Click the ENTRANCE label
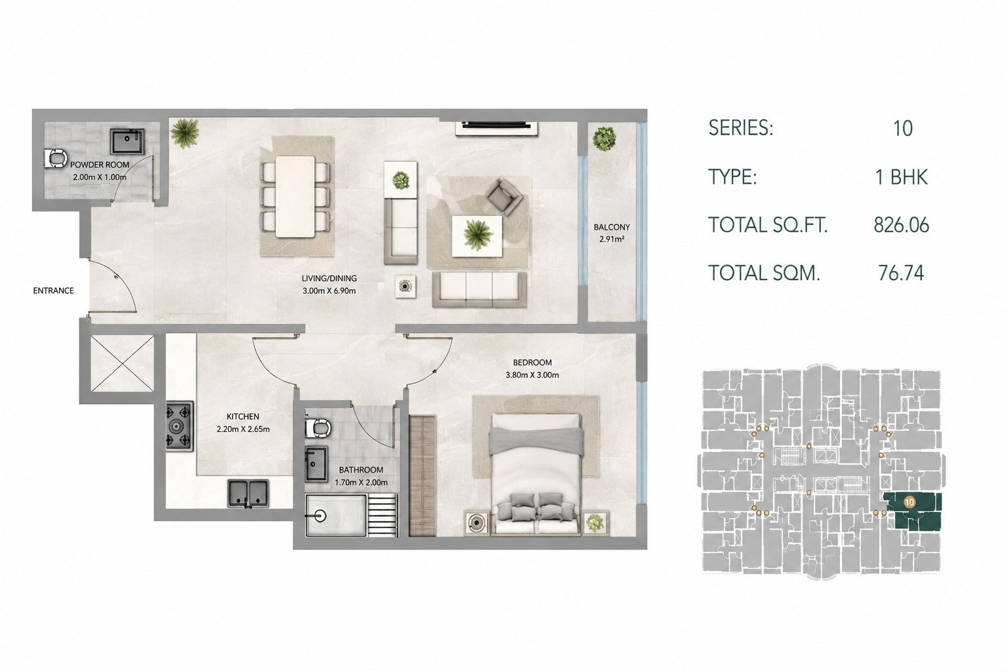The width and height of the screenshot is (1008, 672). point(53,291)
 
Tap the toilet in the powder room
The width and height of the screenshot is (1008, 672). point(55,159)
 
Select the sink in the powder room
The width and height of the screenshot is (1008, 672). point(127,141)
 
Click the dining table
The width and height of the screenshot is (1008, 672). point(295,196)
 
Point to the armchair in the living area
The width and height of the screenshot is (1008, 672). point(503,196)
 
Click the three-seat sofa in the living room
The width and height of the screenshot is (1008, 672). point(479,290)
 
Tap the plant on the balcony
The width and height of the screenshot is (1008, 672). point(604,138)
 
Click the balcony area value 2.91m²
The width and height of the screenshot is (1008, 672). point(612,240)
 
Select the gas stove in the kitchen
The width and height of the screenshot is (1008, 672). point(180,427)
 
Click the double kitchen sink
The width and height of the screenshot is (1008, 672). point(249,493)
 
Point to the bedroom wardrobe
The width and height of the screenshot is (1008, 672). point(423,476)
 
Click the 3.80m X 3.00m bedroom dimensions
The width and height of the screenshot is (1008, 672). point(532,375)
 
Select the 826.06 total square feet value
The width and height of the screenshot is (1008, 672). point(901,225)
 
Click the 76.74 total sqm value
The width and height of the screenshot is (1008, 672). point(901,273)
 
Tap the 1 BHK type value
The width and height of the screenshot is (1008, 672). point(901,177)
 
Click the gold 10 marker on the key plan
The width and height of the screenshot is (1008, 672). point(910,502)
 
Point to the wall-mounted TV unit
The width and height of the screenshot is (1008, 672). point(497,127)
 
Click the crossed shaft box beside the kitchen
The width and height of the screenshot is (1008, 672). point(123,363)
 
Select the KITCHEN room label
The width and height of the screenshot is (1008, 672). point(243,417)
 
